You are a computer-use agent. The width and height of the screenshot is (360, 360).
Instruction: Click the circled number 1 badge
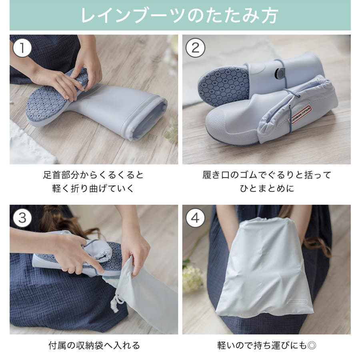[22, 48]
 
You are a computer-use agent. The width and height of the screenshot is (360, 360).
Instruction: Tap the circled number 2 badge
[195, 48]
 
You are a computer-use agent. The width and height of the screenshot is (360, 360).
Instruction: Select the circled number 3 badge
[22, 218]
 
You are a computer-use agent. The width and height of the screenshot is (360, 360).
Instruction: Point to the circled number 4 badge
[195, 218]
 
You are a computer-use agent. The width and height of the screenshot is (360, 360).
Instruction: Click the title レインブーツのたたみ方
[180, 15]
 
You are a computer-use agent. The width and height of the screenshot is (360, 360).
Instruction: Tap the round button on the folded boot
[280, 73]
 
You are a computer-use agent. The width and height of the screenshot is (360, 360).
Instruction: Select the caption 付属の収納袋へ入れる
[94, 345]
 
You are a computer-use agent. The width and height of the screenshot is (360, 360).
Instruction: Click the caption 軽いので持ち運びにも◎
[266, 345]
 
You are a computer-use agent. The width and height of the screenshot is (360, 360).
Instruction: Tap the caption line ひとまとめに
[267, 188]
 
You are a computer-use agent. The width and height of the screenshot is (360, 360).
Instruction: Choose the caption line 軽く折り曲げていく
[93, 188]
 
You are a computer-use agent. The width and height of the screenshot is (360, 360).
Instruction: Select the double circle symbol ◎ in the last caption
[312, 345]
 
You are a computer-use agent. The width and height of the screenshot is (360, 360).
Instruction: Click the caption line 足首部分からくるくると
[93, 175]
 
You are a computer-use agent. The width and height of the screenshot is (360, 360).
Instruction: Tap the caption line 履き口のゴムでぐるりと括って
[267, 175]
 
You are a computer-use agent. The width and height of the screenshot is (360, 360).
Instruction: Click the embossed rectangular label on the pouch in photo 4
[297, 302]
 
